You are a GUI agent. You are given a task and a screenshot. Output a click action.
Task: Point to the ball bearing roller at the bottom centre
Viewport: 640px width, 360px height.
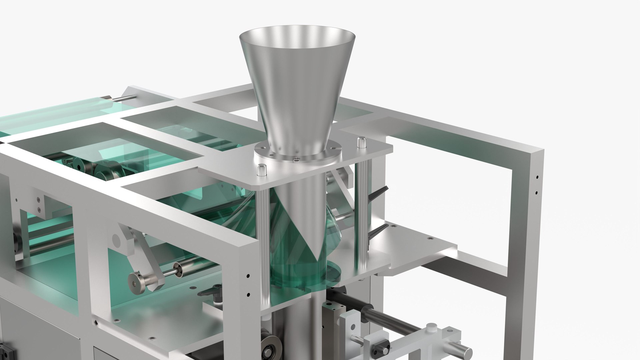pyautogui.click(x=267, y=353)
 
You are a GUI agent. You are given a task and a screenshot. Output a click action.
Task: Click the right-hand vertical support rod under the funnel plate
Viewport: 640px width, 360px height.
pyautogui.click(x=360, y=217)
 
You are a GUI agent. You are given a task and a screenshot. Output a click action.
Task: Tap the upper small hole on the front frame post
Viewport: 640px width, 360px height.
pyautogui.click(x=248, y=276)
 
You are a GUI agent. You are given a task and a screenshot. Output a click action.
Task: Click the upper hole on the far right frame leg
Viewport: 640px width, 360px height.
pyautogui.click(x=537, y=178)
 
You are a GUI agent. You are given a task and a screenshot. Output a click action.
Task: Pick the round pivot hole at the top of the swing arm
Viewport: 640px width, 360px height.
pyautogui.click(x=116, y=239)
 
